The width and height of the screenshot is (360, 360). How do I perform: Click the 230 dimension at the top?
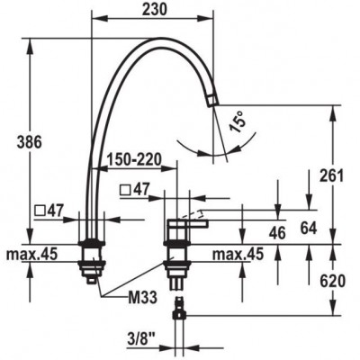tap(154, 10)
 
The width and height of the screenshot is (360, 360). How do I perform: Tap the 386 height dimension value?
tap(29, 142)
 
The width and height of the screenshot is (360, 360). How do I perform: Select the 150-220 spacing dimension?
tap(134, 159)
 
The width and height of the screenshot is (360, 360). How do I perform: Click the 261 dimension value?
tap(331, 175)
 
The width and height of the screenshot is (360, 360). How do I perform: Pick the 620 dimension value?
tap(332, 282)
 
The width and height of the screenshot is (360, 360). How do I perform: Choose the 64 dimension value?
tap(309, 229)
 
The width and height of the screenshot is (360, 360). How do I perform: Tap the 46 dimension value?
tap(277, 233)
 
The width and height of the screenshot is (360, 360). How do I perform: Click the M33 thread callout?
tap(142, 298)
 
